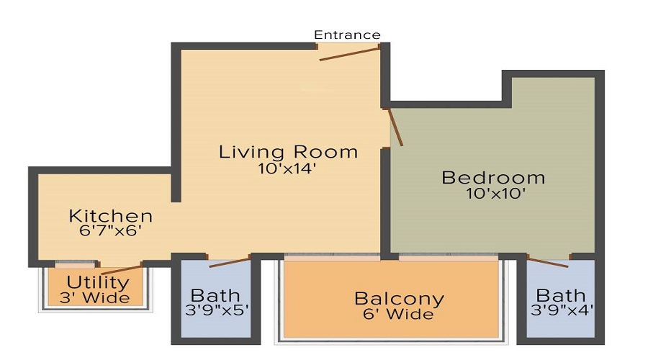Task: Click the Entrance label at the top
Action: [347, 35]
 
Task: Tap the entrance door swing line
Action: [349, 53]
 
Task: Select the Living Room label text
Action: [288, 152]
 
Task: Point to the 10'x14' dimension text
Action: [288, 169]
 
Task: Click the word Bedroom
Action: [493, 177]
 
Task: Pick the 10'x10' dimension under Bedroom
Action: [493, 194]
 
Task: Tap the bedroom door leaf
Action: [395, 127]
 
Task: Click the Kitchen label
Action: [110, 215]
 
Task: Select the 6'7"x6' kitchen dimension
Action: [110, 232]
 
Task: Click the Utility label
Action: [98, 282]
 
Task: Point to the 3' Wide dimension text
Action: [98, 297]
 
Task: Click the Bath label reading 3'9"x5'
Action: [215, 295]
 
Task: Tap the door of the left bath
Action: [229, 261]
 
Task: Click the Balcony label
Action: [399, 298]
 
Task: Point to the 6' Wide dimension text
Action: [399, 315]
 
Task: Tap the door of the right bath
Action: [548, 261]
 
